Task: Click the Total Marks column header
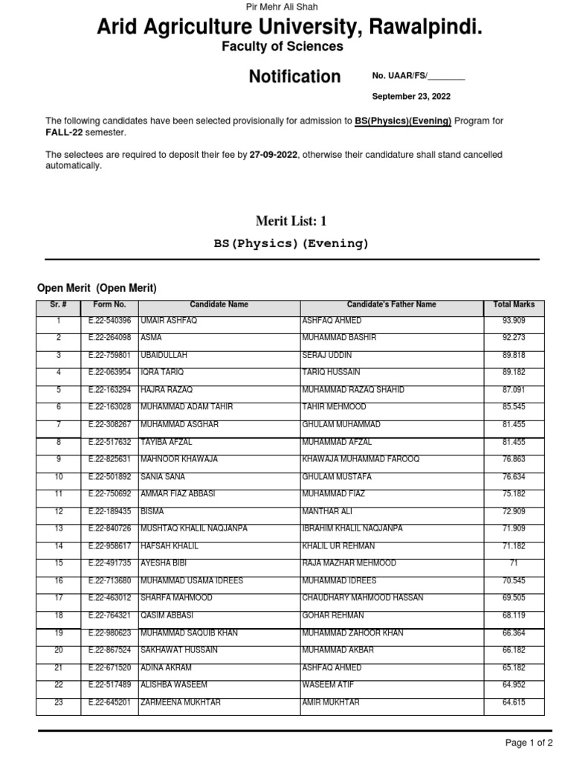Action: tap(514, 305)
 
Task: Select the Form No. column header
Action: tap(109, 305)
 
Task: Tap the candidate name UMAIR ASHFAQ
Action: tap(168, 321)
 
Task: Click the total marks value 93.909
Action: tap(514, 321)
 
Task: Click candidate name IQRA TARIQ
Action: tap(161, 372)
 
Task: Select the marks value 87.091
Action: tap(514, 390)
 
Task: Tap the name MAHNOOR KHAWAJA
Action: tap(178, 459)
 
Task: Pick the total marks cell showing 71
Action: tap(514, 563)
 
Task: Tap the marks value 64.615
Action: tap(514, 702)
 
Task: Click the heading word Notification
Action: tap(294, 77)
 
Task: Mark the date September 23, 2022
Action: tap(411, 97)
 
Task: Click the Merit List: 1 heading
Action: tap(291, 221)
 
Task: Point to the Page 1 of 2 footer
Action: tap(529, 743)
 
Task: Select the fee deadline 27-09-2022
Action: tap(274, 155)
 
